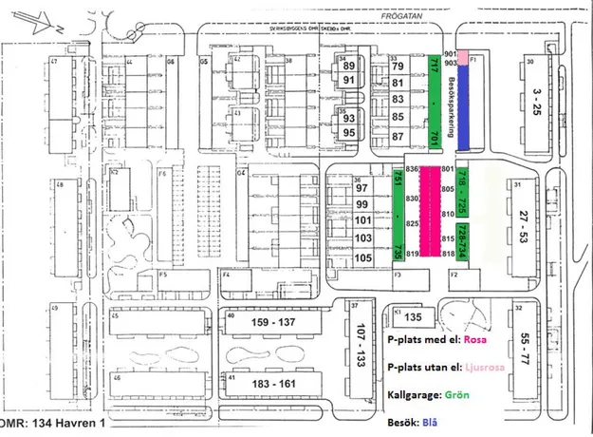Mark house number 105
[363, 258]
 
